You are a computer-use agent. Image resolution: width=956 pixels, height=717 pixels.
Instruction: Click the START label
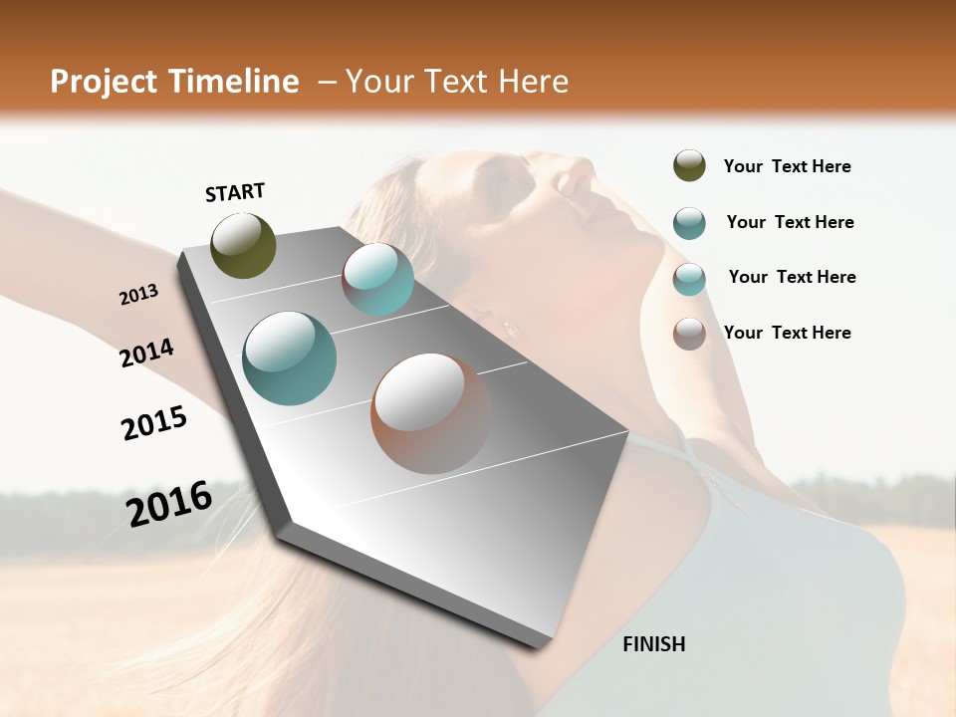pos(235,192)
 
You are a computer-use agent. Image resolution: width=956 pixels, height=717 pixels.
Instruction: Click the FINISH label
pos(653,644)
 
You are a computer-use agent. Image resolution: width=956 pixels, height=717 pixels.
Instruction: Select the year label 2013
pos(138,294)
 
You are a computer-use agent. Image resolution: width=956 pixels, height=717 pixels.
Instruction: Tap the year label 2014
pos(146,353)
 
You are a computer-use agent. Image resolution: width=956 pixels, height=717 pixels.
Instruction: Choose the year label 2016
pos(169,503)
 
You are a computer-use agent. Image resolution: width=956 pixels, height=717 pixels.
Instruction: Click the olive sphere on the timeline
pos(243,245)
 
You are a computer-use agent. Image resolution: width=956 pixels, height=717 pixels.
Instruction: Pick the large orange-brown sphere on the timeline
pos(430,412)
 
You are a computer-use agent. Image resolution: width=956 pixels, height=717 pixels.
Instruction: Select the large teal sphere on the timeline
pos(289,358)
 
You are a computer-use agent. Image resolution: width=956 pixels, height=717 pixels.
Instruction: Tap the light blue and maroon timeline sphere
pos(377,279)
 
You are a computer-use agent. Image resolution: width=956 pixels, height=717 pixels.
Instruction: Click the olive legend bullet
pos(689,166)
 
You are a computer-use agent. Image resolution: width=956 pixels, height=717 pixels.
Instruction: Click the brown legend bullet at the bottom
pos(689,334)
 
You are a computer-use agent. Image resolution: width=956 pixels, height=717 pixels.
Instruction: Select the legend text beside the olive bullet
pos(787,167)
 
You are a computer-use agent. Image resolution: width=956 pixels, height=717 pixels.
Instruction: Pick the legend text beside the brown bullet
pos(787,333)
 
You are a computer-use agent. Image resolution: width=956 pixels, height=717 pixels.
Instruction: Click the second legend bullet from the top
pos(689,223)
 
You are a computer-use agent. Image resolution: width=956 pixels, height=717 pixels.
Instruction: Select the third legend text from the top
pos(792,277)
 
